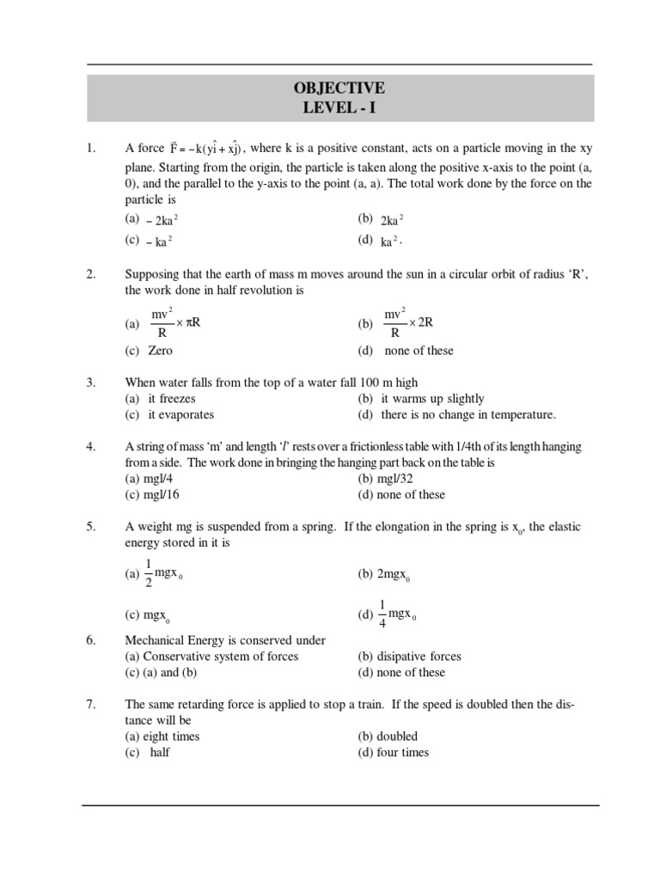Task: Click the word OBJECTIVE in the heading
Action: (339, 89)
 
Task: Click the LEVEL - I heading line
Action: (339, 108)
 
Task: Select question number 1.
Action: (90, 149)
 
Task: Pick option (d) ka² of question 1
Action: (381, 241)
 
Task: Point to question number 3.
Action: (90, 382)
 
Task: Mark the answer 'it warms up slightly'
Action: (421, 399)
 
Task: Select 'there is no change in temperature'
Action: (456, 415)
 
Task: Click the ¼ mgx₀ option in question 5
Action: (391, 614)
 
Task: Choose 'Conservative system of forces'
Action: (211, 657)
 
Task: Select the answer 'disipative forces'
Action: (409, 657)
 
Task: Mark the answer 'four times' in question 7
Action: (393, 753)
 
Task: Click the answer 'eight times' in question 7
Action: (162, 736)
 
